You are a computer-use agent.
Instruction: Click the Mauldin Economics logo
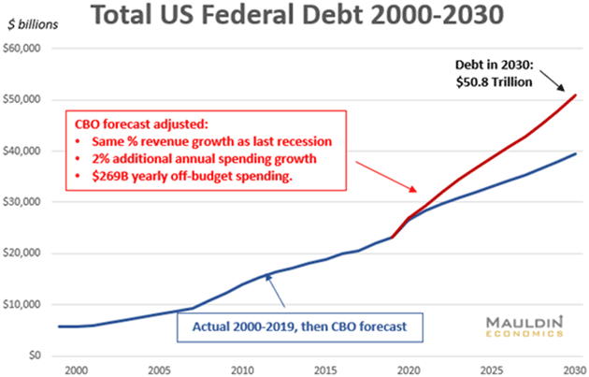(524, 326)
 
